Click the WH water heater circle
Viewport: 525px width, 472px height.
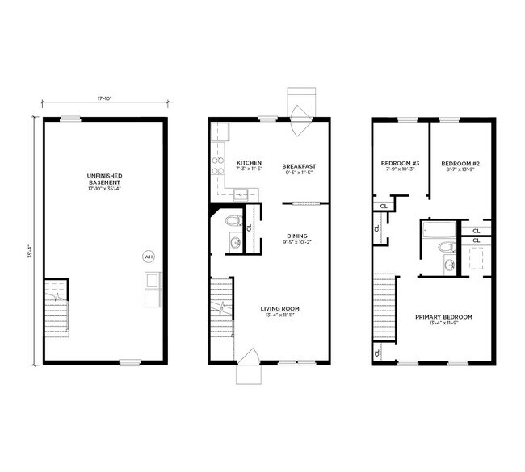click(148, 257)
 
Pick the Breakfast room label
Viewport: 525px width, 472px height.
click(298, 165)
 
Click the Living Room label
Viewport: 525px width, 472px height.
click(279, 308)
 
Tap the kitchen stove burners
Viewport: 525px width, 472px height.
click(216, 165)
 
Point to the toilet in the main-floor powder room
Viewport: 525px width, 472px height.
click(233, 220)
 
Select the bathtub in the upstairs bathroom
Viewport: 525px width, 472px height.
click(437, 232)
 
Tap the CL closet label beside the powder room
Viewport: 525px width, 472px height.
click(250, 226)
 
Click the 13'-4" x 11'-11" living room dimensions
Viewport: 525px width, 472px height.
click(279, 316)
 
